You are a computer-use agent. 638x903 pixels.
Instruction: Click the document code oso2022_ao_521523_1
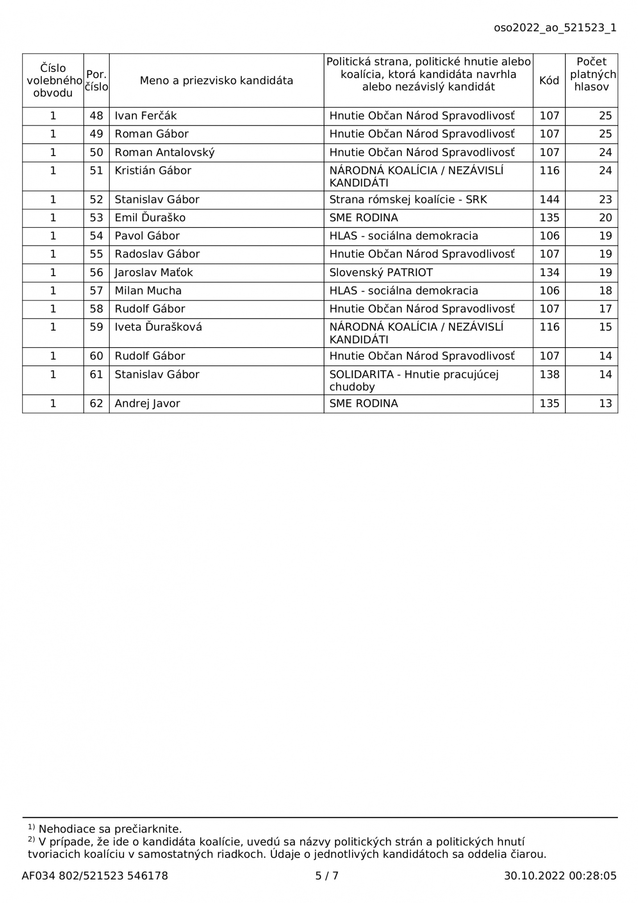pyautogui.click(x=555, y=28)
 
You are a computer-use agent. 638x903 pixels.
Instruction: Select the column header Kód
pyautogui.click(x=549, y=81)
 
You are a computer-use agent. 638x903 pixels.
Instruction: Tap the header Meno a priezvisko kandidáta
pyautogui.click(x=216, y=81)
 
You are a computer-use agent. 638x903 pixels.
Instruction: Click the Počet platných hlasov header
pyautogui.click(x=592, y=75)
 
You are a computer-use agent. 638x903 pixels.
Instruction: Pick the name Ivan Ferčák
pyautogui.click(x=146, y=116)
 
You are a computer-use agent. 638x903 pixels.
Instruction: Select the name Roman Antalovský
pyautogui.click(x=165, y=153)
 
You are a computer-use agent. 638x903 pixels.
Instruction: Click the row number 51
pyautogui.click(x=96, y=171)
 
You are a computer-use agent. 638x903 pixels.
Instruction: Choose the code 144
pyautogui.click(x=549, y=199)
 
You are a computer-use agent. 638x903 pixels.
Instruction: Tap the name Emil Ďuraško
pyautogui.click(x=150, y=218)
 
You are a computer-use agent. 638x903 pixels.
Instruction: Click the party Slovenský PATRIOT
pyautogui.click(x=381, y=273)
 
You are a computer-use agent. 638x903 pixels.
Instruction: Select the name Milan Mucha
pyautogui.click(x=148, y=291)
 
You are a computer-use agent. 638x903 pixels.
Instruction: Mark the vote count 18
pyautogui.click(x=605, y=291)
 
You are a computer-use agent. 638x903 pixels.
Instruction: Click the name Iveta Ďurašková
pyautogui.click(x=158, y=327)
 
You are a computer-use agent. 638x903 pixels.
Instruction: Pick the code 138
pyautogui.click(x=549, y=374)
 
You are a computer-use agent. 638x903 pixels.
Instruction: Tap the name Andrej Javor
pyautogui.click(x=147, y=404)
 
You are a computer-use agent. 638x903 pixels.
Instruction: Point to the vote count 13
pyautogui.click(x=605, y=404)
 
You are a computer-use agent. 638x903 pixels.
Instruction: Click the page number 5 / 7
pyautogui.click(x=327, y=876)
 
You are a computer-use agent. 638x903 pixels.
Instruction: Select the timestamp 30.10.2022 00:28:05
pyautogui.click(x=560, y=876)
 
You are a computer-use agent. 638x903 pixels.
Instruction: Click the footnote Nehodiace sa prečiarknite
pyautogui.click(x=110, y=829)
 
